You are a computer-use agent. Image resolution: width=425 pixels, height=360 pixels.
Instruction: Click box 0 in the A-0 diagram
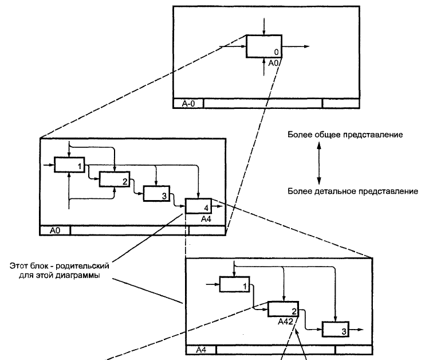pos(263,46)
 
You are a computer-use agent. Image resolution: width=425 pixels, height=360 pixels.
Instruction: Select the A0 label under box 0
pos(274,62)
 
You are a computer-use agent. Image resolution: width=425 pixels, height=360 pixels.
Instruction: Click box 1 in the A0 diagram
pos(69,165)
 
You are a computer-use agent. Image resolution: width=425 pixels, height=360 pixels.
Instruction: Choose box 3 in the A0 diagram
pos(157,194)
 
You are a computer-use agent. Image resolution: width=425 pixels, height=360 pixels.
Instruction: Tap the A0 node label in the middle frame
pos(55,230)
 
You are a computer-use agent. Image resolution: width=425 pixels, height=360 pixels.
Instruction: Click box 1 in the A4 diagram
pos(235,284)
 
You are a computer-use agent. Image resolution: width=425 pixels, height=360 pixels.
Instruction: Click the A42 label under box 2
pos(286,322)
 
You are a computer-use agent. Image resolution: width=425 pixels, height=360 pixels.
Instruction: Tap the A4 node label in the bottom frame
pos(202,349)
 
